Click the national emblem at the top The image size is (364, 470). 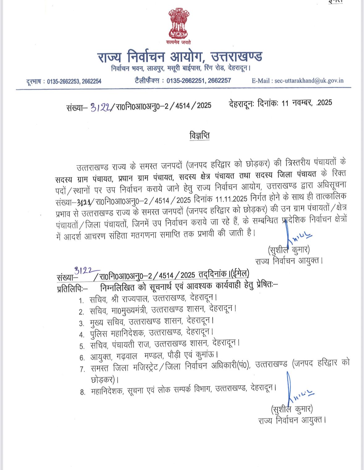(x=179, y=24)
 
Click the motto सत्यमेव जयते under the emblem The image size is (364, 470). (x=179, y=42)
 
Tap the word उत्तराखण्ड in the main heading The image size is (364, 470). (x=236, y=57)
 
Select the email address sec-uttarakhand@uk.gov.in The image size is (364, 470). (x=309, y=81)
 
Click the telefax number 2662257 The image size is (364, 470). (x=220, y=81)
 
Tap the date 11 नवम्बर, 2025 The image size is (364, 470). (x=307, y=103)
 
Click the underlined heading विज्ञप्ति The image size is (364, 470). (x=199, y=136)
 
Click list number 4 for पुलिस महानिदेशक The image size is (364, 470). (x=82, y=335)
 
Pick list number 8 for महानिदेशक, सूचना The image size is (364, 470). (x=82, y=392)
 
